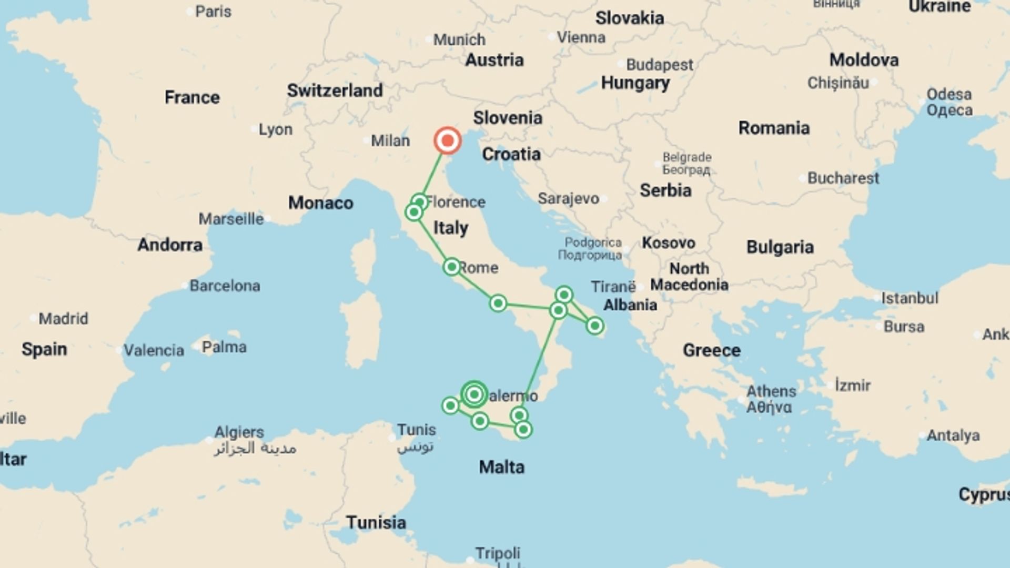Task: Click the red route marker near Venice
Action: [x=448, y=140]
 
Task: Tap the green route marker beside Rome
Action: [x=451, y=267]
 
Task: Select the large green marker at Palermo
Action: [x=474, y=394]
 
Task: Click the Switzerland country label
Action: [x=335, y=90]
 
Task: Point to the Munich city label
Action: [x=459, y=39]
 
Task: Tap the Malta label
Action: [x=501, y=467]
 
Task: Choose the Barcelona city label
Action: [x=225, y=286]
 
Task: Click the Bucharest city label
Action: [x=843, y=178]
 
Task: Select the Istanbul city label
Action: [x=910, y=298]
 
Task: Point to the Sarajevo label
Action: [x=568, y=198]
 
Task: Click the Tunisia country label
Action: [x=376, y=522]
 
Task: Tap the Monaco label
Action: [x=320, y=203]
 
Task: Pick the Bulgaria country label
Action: [x=780, y=247]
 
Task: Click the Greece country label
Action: [x=711, y=350]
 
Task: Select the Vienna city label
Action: [x=581, y=37]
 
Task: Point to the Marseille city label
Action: [x=231, y=219]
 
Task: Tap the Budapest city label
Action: [x=660, y=65]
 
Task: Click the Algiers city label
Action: [x=239, y=432]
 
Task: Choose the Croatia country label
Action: [x=511, y=154]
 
